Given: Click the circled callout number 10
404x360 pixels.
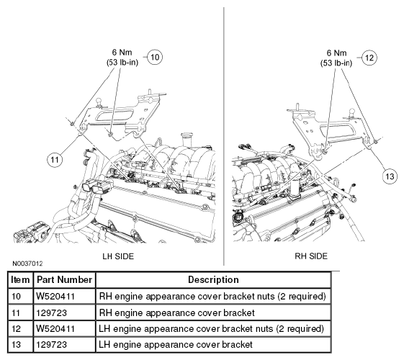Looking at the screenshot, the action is (155, 57).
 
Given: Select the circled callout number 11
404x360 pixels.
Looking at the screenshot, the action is (55, 160).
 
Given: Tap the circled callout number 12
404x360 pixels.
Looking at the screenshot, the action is (369, 58).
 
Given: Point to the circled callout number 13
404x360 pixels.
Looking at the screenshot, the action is (390, 176).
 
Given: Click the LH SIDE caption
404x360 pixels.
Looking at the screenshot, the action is (118, 256).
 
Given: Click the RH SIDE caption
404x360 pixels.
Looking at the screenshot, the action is (311, 256).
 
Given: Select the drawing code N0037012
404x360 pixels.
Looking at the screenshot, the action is (27, 264).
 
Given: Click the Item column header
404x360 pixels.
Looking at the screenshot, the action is (20, 279).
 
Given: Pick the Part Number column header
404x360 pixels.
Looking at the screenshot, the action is (64, 279).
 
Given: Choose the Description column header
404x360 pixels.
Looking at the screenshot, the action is (213, 279).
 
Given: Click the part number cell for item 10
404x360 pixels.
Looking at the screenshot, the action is (64, 296).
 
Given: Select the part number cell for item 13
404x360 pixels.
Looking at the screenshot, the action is (64, 344).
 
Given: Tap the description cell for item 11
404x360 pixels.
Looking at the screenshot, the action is (213, 312).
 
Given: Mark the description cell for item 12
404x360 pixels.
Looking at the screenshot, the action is (213, 328).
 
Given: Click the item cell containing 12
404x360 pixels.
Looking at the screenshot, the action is (21, 328).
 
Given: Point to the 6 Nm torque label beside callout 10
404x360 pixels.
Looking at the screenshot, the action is (122, 53).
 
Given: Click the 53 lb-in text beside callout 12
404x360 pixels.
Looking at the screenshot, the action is (336, 63).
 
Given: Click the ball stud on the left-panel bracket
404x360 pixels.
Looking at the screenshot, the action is (99, 102).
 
